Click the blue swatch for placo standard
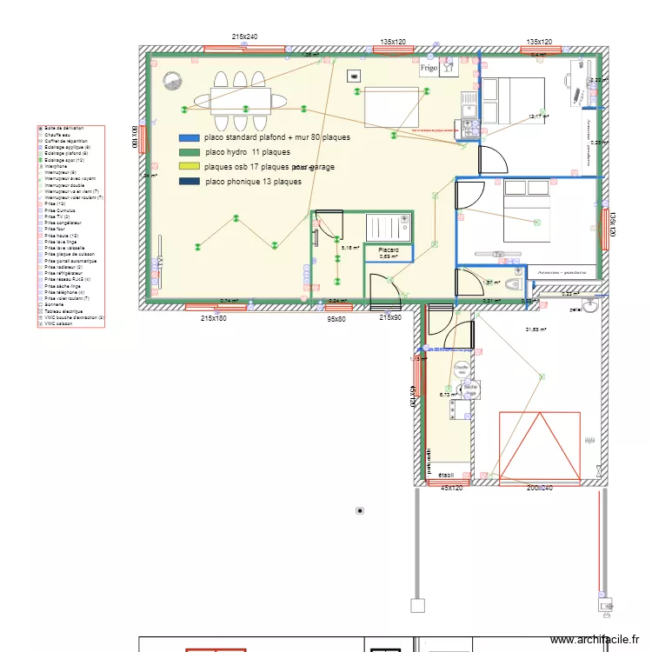[x=189, y=137]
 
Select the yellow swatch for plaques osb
[x=189, y=166]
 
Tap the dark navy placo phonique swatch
[x=189, y=182]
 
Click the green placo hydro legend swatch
[x=189, y=152]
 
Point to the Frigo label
[x=429, y=68]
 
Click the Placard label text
[x=388, y=249]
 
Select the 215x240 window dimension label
[x=245, y=37]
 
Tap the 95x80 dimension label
[x=336, y=319]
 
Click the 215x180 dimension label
[x=214, y=319]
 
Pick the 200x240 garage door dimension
[x=540, y=489]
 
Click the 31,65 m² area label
[x=561, y=329]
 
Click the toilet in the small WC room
[x=516, y=283]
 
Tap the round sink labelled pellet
[x=590, y=306]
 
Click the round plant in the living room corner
[x=171, y=82]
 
